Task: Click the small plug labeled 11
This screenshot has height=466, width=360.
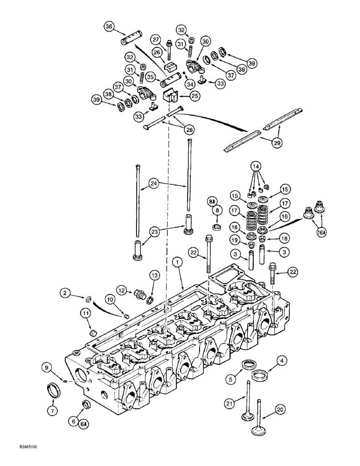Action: pyautogui.click(x=92, y=333)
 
